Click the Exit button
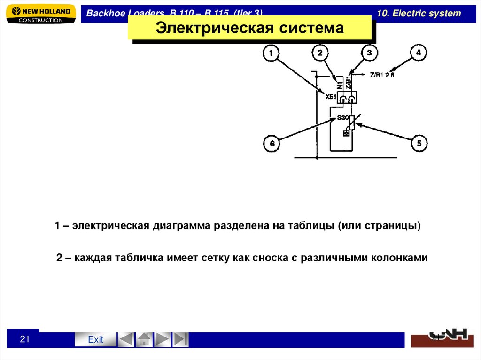point(95,339)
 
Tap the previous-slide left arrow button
point(125,339)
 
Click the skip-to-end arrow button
point(181,339)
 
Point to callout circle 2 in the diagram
point(320,54)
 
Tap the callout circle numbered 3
point(369,54)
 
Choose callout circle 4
point(419,53)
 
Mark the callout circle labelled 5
point(419,143)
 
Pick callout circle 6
point(272,144)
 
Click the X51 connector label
point(332,97)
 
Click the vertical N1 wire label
point(340,84)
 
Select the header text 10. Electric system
point(419,13)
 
